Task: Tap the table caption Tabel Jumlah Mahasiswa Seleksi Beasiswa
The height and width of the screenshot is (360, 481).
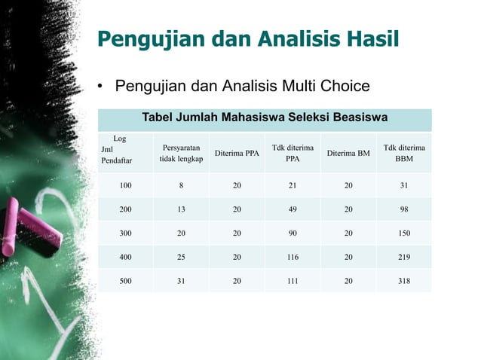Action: (x=265, y=117)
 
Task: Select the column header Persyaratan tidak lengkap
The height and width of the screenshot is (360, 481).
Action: (x=181, y=154)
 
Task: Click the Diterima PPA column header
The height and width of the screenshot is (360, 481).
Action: (x=237, y=154)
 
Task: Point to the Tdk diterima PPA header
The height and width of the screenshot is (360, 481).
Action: (x=293, y=154)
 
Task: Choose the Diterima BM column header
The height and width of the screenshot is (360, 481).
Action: (x=348, y=154)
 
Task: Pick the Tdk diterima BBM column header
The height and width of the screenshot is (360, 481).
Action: (x=404, y=154)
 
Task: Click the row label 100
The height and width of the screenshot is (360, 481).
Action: (x=125, y=186)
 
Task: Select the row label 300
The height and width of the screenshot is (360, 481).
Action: (x=125, y=233)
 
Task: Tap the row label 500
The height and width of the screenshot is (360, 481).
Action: (x=125, y=280)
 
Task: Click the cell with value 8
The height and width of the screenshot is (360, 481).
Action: (x=181, y=186)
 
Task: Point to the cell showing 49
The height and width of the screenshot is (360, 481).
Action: (x=293, y=210)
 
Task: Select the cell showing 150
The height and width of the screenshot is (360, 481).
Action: (x=404, y=233)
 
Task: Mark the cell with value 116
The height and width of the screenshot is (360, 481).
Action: (x=293, y=257)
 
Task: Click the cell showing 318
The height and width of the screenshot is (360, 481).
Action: (x=404, y=280)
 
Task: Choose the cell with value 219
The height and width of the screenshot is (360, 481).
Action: (x=404, y=257)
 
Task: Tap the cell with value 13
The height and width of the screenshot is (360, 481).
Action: (x=181, y=210)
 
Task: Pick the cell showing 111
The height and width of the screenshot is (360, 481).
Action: (x=293, y=280)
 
